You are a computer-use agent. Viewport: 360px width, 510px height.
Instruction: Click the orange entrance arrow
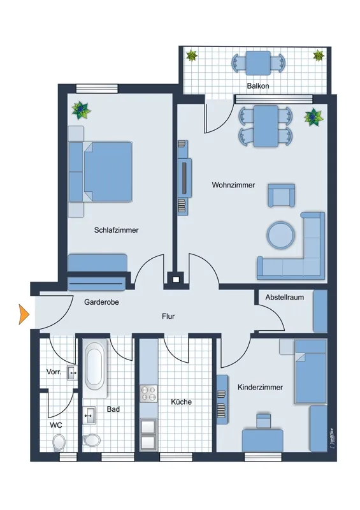coord(24,314)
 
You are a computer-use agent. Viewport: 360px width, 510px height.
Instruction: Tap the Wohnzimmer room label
coord(233,185)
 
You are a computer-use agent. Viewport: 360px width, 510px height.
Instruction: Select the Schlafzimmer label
coord(116,230)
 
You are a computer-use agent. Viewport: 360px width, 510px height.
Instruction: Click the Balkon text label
coord(258,86)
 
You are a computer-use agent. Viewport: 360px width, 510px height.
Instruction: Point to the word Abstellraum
coord(285,297)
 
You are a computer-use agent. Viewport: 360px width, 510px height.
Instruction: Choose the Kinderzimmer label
coord(260,387)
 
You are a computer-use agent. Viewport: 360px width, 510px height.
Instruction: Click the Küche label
coord(181,402)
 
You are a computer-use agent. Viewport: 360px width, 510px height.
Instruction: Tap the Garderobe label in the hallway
coord(101,302)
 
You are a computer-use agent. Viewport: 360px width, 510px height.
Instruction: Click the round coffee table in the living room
coord(280,235)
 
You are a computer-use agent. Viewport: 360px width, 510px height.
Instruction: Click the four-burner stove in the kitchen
coord(148,393)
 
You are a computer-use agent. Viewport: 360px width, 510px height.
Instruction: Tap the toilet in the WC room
coord(59,442)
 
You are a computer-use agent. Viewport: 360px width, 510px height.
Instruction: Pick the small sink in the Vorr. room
coord(72,373)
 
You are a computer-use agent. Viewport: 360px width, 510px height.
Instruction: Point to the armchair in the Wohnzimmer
coord(281,195)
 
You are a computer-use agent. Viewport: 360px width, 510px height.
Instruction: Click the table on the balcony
coord(258,63)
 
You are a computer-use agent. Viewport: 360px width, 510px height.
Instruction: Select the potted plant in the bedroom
coord(81,110)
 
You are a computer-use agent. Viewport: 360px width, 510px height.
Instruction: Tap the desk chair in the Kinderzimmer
coord(263,421)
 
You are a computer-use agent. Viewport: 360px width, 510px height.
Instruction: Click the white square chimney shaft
coord(176,279)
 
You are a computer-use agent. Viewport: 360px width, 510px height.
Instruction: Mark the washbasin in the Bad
coord(89,416)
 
